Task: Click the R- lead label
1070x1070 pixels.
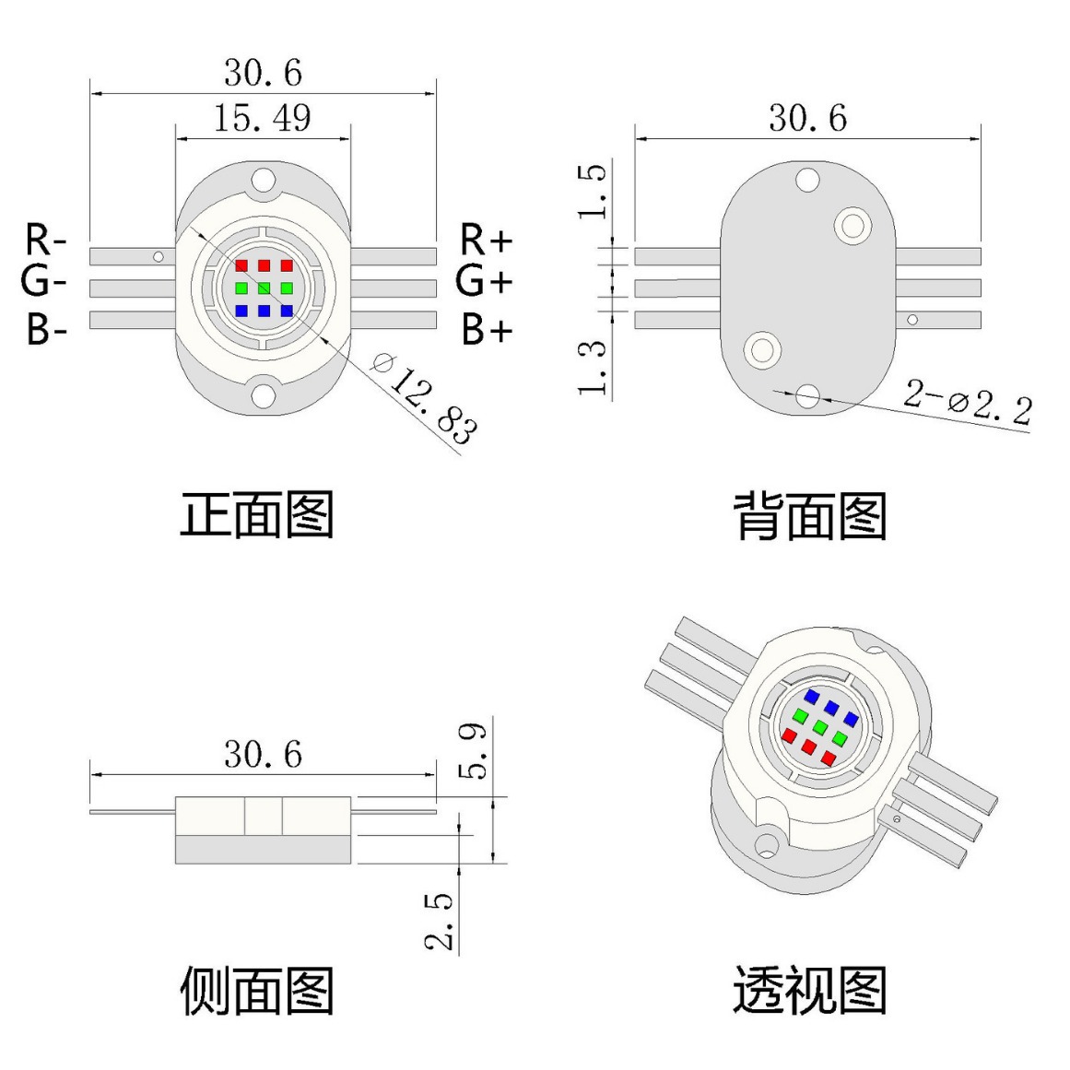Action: coord(45,241)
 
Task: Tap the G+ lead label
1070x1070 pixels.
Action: coord(483,281)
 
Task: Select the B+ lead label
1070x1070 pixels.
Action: coord(486,329)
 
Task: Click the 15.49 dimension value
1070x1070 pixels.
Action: coord(263,119)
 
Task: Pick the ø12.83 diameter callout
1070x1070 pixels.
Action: coord(425,397)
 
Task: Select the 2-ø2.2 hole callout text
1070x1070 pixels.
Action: coord(967,402)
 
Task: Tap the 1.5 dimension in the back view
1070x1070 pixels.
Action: coord(593,191)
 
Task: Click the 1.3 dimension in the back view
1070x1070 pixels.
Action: coord(593,367)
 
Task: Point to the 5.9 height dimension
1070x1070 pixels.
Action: coord(474,751)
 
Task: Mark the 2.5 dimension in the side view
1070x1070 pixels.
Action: coord(440,920)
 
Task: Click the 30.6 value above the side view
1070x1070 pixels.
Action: coord(263,755)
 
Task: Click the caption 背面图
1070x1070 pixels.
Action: coord(809,516)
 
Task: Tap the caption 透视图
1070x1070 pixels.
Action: coord(809,991)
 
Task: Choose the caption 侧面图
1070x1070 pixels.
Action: coord(256,991)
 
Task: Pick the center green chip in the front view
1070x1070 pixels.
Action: coord(264,288)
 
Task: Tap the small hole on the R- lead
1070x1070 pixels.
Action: coord(159,256)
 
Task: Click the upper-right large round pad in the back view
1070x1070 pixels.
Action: coord(852,224)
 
